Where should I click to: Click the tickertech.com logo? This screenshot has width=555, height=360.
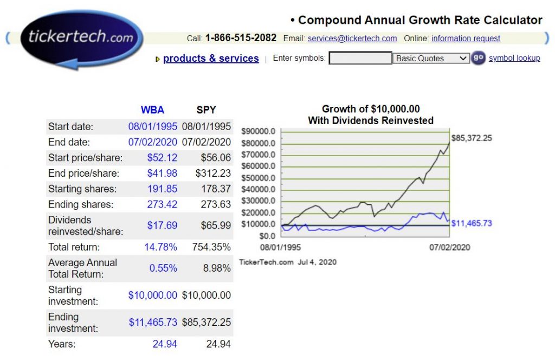tap(81, 38)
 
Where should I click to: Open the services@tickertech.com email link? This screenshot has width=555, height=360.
tap(352, 38)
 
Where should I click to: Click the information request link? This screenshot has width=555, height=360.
tap(466, 38)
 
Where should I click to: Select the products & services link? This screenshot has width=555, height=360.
tap(211, 59)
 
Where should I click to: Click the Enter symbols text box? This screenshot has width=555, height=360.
tap(360, 58)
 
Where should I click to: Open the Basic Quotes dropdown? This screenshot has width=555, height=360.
tap(431, 58)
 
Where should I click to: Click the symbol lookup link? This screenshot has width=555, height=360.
tap(514, 58)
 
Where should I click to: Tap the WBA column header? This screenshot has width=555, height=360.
tap(152, 110)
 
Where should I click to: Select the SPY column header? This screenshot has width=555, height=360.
tap(206, 110)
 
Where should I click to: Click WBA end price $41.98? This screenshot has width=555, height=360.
tap(162, 173)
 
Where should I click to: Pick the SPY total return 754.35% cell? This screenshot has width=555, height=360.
tap(211, 247)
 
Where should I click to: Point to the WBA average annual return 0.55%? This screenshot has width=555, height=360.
tap(163, 268)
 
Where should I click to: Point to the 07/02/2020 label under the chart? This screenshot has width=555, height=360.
tap(449, 247)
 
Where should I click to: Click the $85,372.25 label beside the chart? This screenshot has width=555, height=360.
tap(472, 138)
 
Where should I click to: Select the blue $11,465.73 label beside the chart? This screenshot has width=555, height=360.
tap(472, 223)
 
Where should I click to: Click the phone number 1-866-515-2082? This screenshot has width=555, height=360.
tap(241, 38)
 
